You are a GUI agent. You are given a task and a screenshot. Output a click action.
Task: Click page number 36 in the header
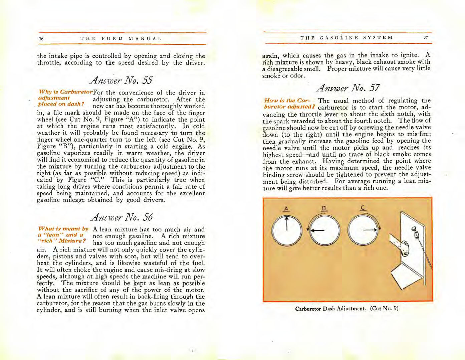click(x=41, y=39)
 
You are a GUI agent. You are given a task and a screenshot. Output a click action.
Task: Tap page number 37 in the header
click(x=426, y=37)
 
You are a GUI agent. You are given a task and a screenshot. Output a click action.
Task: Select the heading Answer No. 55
click(x=121, y=80)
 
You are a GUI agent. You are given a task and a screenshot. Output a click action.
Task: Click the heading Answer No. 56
click(x=122, y=217)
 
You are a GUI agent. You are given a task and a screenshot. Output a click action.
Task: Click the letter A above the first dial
click(x=286, y=209)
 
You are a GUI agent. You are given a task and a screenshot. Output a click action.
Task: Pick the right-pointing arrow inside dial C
click(x=370, y=230)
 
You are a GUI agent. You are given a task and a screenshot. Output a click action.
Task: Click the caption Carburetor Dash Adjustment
click(x=330, y=309)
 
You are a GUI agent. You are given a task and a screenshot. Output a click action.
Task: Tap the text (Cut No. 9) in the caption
click(x=384, y=309)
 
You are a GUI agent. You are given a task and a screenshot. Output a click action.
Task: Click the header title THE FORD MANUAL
click(x=121, y=39)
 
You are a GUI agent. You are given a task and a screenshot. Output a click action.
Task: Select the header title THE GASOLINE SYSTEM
click(x=346, y=38)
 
